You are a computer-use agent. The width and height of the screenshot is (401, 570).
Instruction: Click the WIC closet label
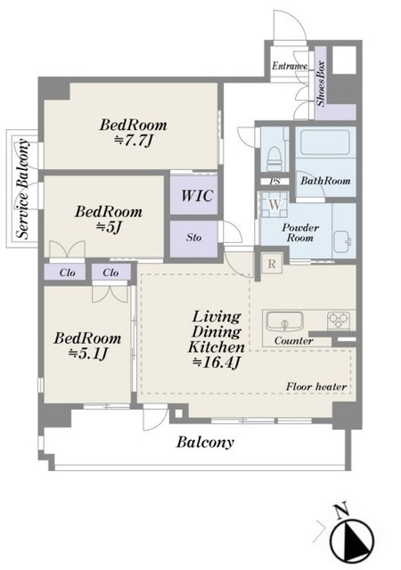click(x=197, y=196)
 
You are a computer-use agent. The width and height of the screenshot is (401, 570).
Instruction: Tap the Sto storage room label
click(x=194, y=238)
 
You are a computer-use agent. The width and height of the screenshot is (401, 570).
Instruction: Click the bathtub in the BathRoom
click(x=325, y=142)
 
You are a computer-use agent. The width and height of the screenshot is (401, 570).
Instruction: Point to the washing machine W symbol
click(x=274, y=205)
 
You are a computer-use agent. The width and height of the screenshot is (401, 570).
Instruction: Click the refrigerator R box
click(x=272, y=265)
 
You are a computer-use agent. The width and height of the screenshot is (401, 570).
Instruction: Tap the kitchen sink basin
click(x=284, y=321)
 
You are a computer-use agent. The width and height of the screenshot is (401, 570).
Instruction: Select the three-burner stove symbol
click(x=340, y=321)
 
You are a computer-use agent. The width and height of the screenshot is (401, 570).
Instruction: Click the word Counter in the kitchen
click(x=294, y=341)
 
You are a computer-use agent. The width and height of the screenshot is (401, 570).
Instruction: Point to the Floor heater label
click(x=315, y=387)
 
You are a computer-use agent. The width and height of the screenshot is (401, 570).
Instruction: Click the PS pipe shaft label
click(x=275, y=181)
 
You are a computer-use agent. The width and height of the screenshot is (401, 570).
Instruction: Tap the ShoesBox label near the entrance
click(x=321, y=83)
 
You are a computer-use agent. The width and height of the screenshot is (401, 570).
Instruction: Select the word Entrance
click(x=290, y=66)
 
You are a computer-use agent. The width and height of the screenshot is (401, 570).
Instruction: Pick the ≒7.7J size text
click(x=133, y=141)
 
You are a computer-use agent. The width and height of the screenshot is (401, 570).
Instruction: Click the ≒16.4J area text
click(x=217, y=362)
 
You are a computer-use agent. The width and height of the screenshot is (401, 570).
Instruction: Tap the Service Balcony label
click(x=23, y=189)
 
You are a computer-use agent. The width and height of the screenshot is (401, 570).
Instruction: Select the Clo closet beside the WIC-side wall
click(x=110, y=273)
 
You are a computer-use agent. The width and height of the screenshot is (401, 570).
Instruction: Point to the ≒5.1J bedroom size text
click(x=88, y=353)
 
